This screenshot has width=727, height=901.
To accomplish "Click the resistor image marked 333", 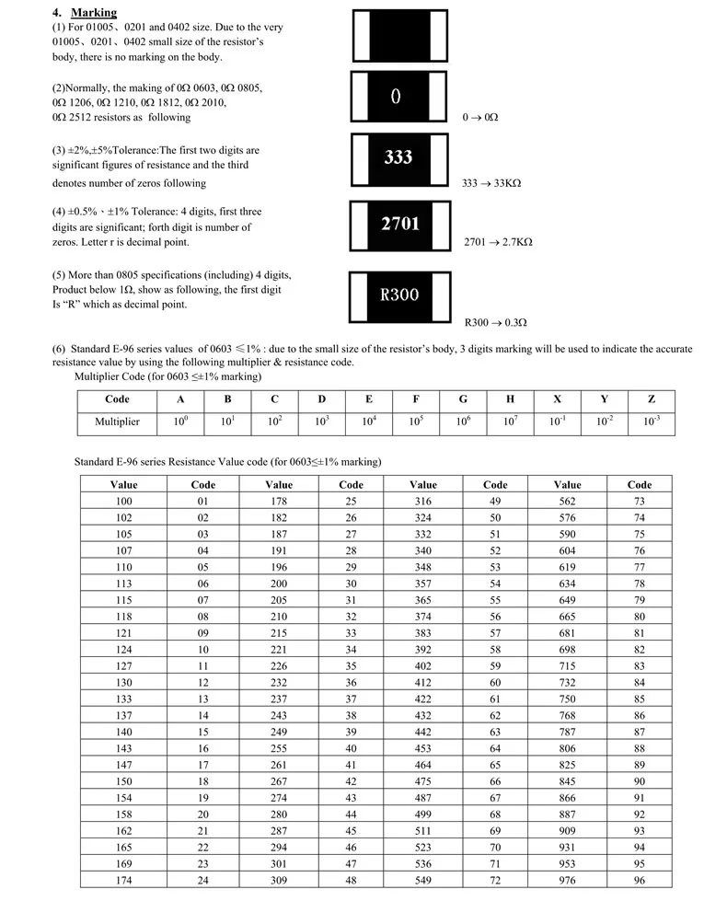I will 398,158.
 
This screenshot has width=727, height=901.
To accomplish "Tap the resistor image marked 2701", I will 398,224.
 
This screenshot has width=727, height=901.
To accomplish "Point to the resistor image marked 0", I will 398,97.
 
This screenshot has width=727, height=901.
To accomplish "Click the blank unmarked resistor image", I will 398,35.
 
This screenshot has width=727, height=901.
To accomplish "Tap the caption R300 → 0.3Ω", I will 495,322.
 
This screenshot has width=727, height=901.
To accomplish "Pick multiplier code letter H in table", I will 510,399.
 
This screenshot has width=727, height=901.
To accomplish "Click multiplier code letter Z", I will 651,399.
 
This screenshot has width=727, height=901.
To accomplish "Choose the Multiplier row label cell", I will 117,422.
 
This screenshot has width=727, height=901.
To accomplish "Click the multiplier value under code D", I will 321,422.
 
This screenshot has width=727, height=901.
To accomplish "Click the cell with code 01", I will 203,501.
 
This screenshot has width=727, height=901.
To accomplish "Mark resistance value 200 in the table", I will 279,583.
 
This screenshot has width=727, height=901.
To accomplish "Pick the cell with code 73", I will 640,501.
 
